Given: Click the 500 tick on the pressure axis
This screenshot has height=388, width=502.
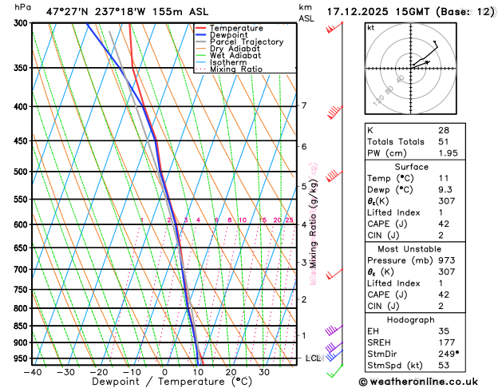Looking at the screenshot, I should (21, 172).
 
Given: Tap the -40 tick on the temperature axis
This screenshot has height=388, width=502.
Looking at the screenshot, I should (32, 372).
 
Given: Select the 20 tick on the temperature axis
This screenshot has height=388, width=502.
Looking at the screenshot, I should (230, 372).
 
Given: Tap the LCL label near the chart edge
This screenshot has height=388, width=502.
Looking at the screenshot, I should (312, 358).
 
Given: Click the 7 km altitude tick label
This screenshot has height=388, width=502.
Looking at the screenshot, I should (303, 106).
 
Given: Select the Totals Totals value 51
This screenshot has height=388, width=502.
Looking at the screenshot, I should (444, 141).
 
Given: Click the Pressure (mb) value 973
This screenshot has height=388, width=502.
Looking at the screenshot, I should (446, 260).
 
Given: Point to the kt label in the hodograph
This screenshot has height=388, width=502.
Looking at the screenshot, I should (370, 27).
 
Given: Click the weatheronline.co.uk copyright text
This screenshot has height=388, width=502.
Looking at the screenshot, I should (427, 382).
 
